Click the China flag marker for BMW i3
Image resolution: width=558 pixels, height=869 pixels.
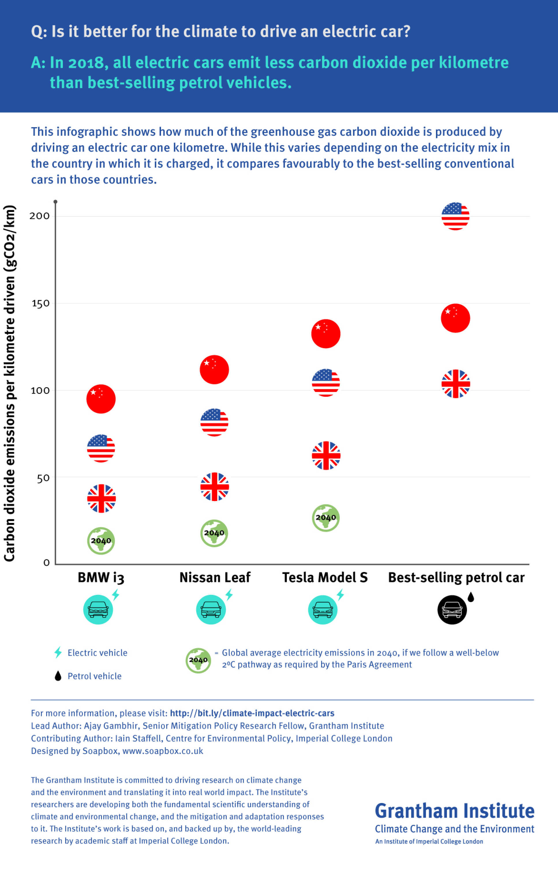[x=101, y=399]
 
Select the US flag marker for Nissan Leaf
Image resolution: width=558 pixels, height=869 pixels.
[x=214, y=422]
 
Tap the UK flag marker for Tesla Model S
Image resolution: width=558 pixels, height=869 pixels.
[x=326, y=455]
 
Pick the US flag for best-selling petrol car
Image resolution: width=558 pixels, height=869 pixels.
[x=456, y=216]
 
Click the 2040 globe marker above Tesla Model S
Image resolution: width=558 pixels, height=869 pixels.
[x=326, y=518]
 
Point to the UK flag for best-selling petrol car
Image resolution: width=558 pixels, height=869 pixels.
[x=456, y=383]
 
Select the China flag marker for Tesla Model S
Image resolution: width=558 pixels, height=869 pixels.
[x=326, y=334]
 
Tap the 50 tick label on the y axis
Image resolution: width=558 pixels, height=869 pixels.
[x=43, y=478]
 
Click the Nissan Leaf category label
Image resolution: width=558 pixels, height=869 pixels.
[x=215, y=577]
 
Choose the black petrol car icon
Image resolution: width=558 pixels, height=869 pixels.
[x=452, y=610]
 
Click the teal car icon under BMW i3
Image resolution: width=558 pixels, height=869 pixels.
[x=98, y=610]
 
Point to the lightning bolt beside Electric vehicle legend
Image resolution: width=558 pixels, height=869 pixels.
[x=58, y=652]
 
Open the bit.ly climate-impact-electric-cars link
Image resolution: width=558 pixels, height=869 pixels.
[x=252, y=713]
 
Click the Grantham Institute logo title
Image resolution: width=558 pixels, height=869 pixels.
[x=454, y=811]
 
